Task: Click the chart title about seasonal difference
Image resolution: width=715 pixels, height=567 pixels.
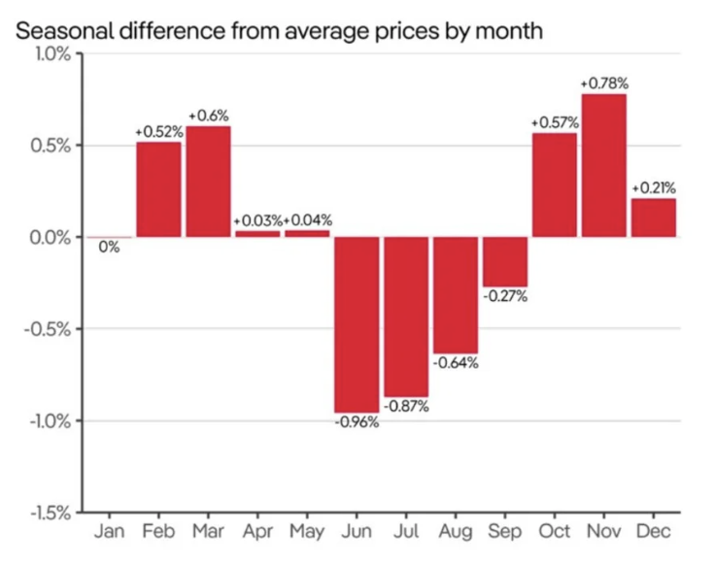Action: tap(278, 30)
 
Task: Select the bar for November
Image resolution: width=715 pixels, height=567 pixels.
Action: tap(603, 165)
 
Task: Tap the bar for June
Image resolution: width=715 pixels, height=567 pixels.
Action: tap(357, 325)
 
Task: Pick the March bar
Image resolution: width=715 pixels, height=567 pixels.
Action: tap(208, 182)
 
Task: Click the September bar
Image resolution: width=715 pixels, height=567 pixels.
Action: tap(505, 261)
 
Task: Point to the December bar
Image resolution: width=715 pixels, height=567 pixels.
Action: tap(653, 217)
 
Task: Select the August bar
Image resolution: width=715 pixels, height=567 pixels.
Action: tap(456, 295)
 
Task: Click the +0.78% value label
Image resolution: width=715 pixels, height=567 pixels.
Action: tap(603, 84)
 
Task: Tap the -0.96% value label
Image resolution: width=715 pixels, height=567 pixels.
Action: tap(357, 423)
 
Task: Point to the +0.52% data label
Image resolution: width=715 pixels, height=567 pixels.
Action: tap(158, 132)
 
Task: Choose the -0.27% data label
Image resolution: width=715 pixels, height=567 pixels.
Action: tap(505, 296)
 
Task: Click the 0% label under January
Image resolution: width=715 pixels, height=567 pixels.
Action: tap(109, 248)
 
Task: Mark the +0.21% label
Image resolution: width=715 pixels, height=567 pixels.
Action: tap(653, 187)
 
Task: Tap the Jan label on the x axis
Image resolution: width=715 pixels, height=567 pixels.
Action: tap(109, 532)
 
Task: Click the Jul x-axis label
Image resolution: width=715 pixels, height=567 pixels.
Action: tap(406, 532)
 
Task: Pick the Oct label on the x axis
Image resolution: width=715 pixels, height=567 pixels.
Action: tap(554, 532)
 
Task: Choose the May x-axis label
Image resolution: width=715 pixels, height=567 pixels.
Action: tap(307, 532)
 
